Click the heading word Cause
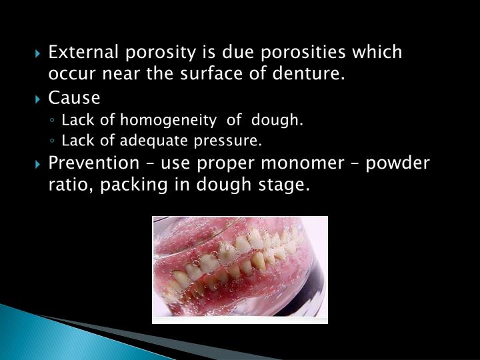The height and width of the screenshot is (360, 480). click(74, 98)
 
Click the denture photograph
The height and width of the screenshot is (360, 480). click(240, 269)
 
